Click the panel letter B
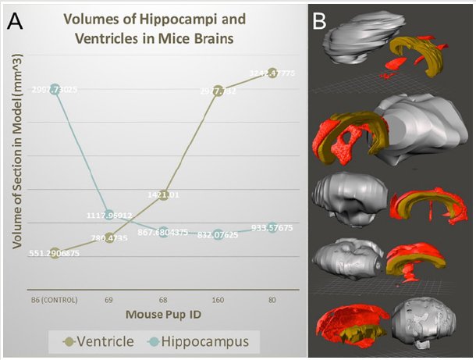pyautogui.click(x=319, y=21)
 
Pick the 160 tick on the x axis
pyautogui.click(x=218, y=298)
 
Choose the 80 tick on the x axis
pyautogui.click(x=273, y=298)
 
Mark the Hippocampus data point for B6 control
pyautogui.click(x=55, y=90)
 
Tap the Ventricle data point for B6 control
pyautogui.click(x=55, y=253)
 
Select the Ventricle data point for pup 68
pyautogui.click(x=164, y=194)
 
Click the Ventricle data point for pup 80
pyautogui.click(x=273, y=73)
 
